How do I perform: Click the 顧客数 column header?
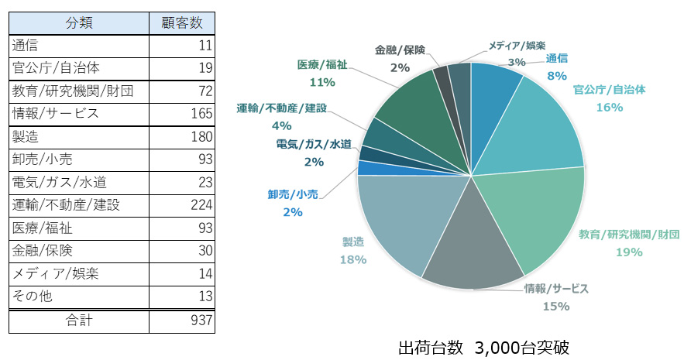pos(180,22)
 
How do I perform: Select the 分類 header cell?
pos(78,22)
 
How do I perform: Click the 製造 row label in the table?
pos(31,137)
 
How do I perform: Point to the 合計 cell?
pos(78,321)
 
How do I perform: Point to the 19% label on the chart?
pos(629,252)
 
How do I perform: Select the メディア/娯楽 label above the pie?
pos(517,46)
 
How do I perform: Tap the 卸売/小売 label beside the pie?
pos(293,194)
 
